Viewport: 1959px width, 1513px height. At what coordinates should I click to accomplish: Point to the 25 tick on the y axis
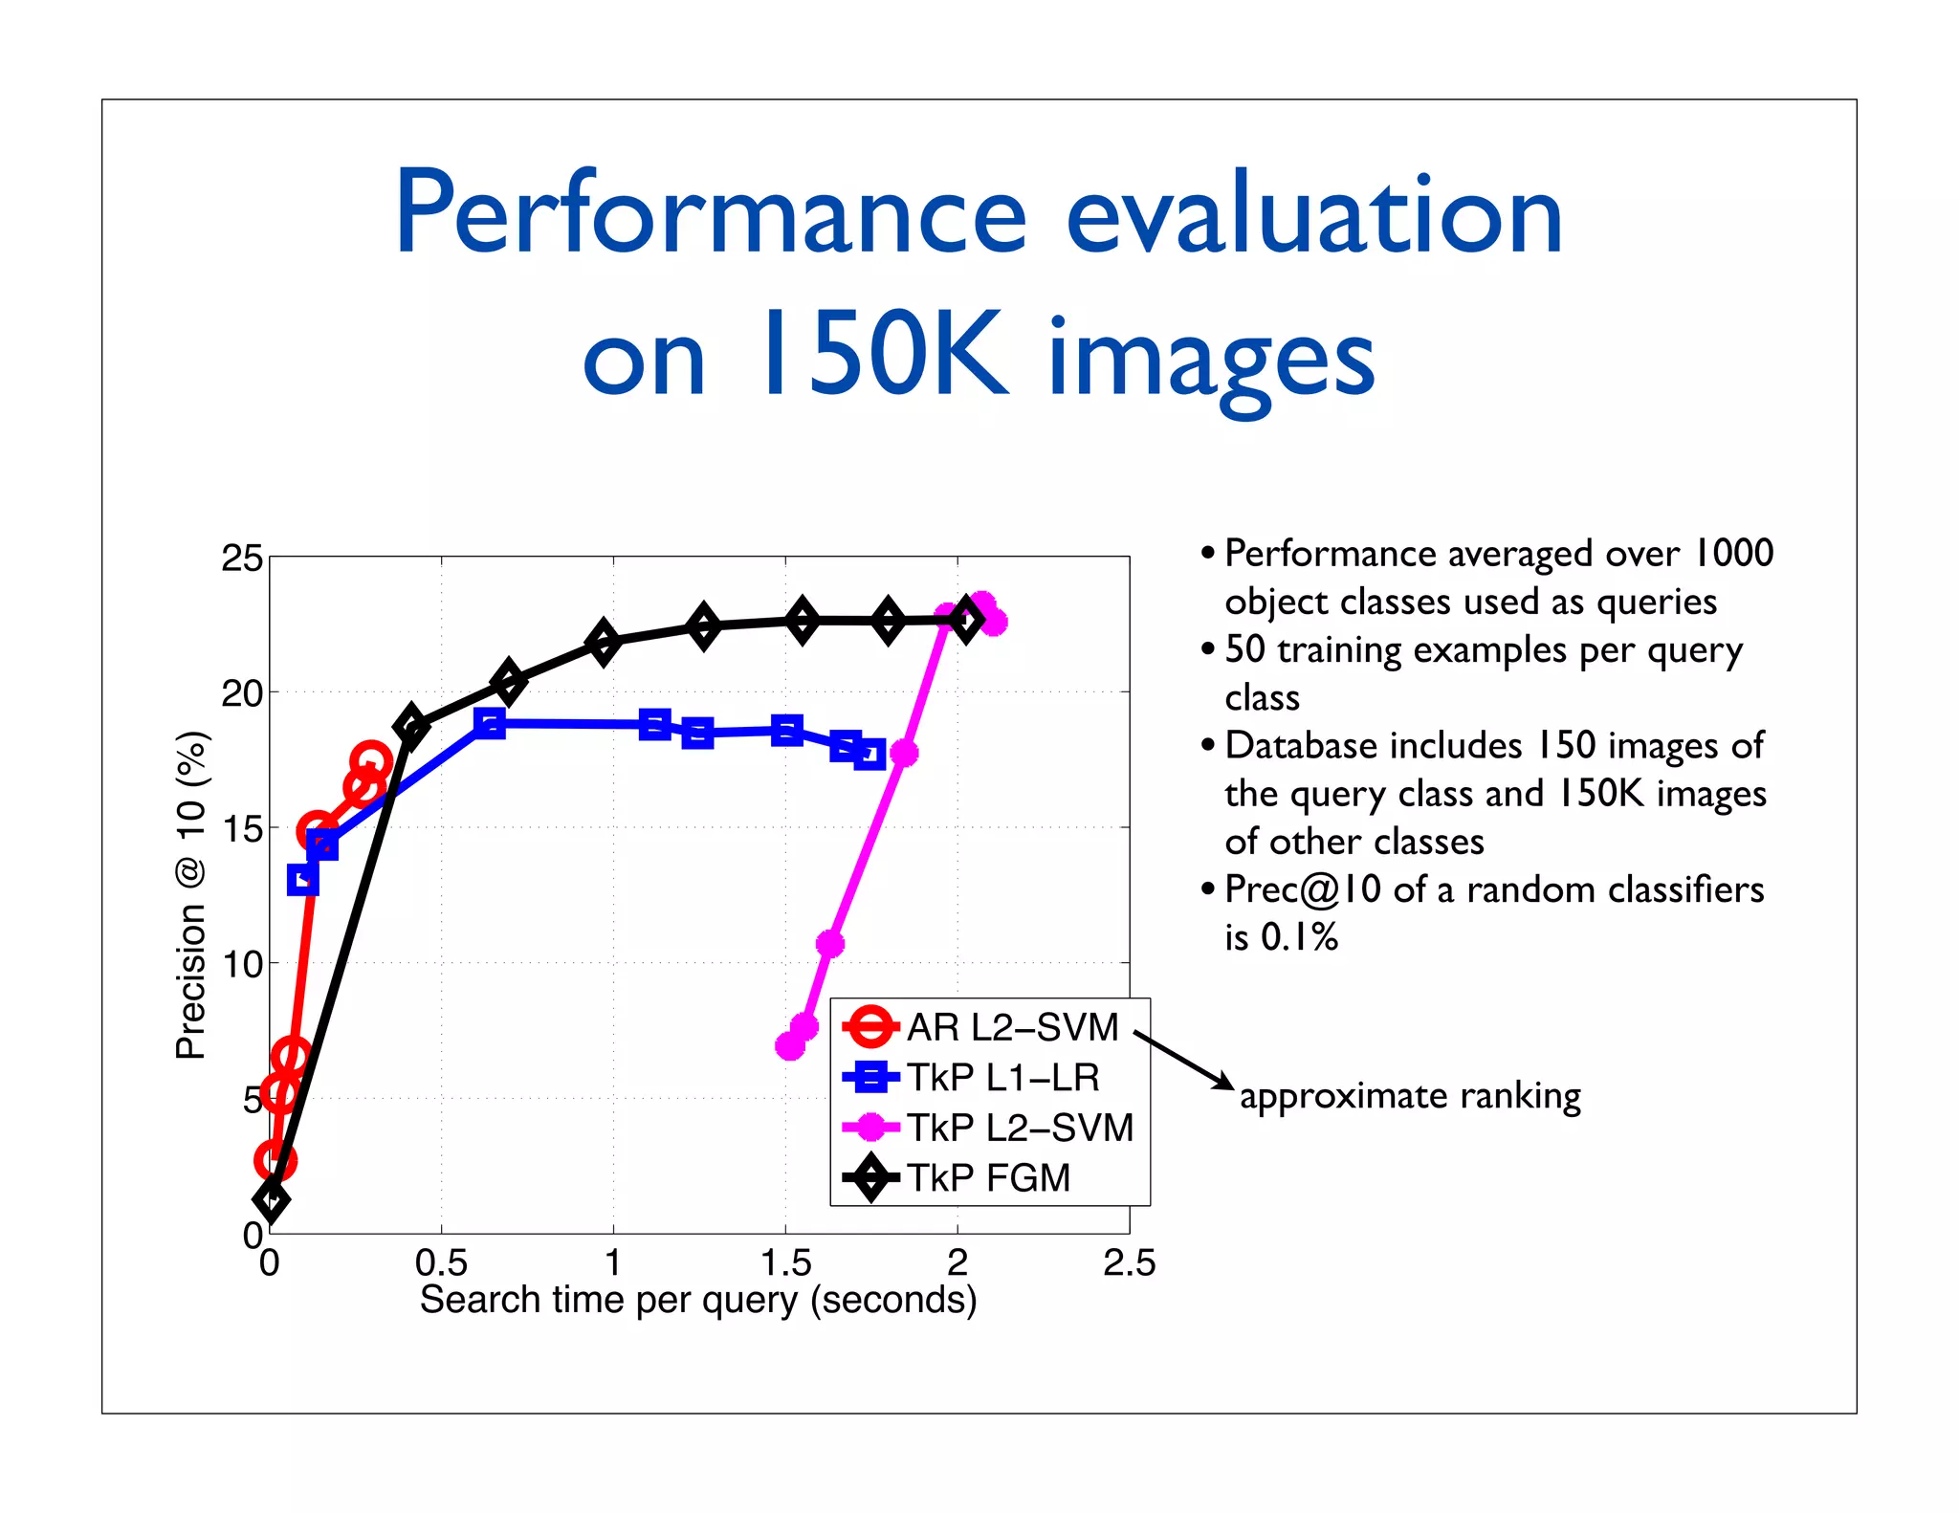point(242,559)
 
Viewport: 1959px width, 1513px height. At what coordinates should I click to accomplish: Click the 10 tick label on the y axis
point(242,964)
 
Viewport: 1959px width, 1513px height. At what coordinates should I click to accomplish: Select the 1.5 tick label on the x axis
point(785,1263)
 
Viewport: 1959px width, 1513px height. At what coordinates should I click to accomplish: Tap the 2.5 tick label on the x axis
point(1129,1263)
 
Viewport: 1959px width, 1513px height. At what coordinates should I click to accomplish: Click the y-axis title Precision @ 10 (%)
point(191,895)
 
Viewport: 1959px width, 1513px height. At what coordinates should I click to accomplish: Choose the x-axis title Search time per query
point(698,1301)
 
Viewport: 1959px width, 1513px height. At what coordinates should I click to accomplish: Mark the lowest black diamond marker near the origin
point(272,1200)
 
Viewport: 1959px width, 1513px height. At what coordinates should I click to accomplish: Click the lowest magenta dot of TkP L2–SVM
point(790,1046)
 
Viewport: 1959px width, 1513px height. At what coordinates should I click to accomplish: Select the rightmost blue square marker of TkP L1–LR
point(869,755)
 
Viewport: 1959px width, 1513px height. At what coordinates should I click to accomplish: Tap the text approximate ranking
point(1410,1096)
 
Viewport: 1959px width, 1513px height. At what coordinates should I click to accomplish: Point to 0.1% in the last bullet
point(1299,937)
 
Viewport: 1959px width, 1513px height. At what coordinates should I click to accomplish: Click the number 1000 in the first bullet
point(1733,553)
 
